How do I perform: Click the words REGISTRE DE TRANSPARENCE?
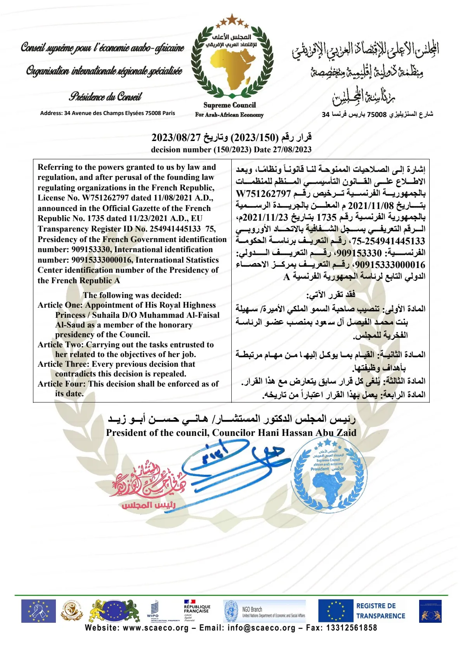point(380,611)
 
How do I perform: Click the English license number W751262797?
point(105,198)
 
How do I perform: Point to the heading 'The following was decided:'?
point(132,295)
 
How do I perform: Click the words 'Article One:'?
point(60,305)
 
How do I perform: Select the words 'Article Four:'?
point(62,384)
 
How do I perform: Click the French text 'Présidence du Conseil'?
point(105,96)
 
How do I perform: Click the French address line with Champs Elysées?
point(108,113)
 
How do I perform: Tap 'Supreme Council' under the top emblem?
point(229,105)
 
